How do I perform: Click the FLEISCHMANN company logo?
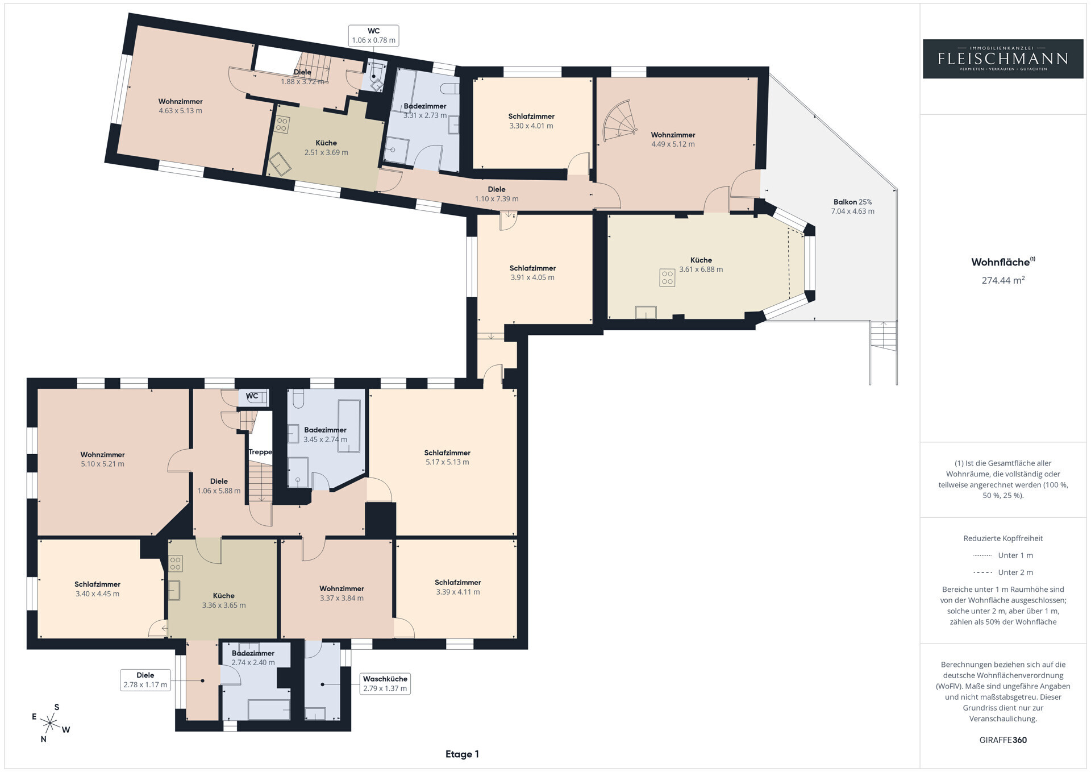click(x=1003, y=59)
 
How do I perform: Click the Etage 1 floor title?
click(x=462, y=754)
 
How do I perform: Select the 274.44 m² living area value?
click(x=1003, y=280)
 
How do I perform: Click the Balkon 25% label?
click(x=852, y=202)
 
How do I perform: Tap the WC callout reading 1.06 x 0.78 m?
click(x=373, y=35)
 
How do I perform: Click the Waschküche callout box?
click(x=385, y=683)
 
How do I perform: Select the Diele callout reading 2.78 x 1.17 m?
click(x=145, y=680)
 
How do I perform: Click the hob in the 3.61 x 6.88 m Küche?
click(x=667, y=277)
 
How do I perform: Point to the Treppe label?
click(x=260, y=452)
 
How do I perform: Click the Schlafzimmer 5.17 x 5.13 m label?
click(x=447, y=458)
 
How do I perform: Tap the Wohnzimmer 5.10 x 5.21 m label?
click(x=102, y=459)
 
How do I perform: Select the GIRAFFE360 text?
click(x=1003, y=740)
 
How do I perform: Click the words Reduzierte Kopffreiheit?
click(x=1003, y=538)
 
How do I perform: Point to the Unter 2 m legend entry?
click(x=1003, y=572)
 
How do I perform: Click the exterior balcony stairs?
click(x=883, y=352)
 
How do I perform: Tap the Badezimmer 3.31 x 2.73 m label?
click(x=425, y=111)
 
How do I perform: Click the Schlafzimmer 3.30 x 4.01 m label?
click(x=531, y=121)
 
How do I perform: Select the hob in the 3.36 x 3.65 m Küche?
click(x=175, y=563)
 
